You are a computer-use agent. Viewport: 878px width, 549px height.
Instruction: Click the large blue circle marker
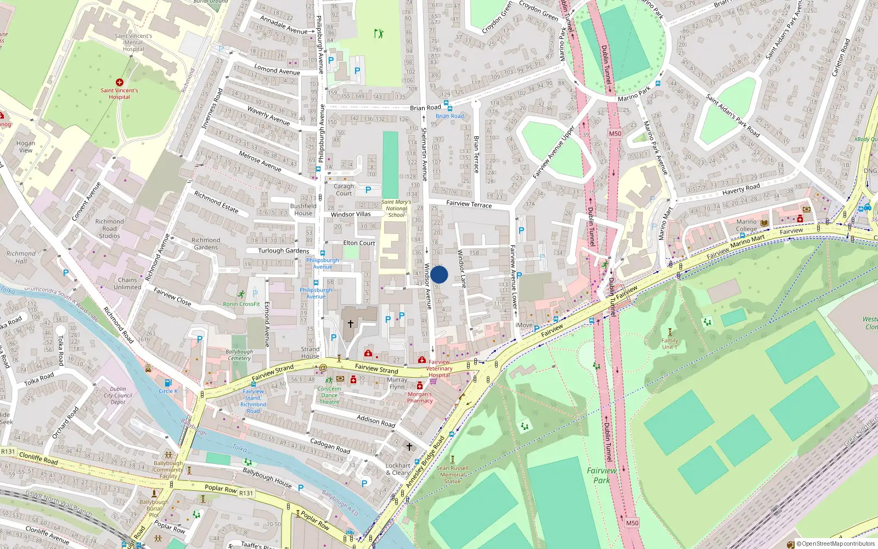[x=439, y=274]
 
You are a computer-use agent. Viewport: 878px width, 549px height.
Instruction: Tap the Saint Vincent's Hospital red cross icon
[x=119, y=82]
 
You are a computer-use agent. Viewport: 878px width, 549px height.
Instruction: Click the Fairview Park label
[x=601, y=475]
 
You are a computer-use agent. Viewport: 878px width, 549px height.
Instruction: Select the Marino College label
[x=746, y=226]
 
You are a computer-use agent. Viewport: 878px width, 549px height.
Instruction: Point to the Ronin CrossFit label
[x=241, y=304]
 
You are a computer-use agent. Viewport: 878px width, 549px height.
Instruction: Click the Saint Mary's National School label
[x=396, y=209]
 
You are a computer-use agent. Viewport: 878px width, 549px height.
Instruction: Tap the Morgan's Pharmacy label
[x=420, y=397]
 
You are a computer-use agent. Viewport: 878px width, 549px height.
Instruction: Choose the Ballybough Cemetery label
[x=239, y=355]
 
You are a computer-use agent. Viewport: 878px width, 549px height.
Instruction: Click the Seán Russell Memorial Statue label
[x=453, y=475]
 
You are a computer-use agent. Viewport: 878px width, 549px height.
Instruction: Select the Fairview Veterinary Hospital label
[x=439, y=368]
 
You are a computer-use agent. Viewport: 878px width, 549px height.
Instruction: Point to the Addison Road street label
[x=376, y=421]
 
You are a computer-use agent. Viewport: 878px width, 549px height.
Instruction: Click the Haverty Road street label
[x=741, y=189]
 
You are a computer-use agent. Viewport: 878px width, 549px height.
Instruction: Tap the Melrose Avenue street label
[x=260, y=161]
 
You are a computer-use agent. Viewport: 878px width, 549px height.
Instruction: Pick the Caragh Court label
[x=344, y=189]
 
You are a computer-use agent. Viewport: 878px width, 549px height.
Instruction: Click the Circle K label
[x=168, y=391]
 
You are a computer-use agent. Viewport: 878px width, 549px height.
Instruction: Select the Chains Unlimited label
[x=127, y=283]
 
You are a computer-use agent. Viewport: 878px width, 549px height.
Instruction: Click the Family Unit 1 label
[x=669, y=344]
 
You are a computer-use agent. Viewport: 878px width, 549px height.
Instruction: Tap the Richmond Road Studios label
[x=110, y=229]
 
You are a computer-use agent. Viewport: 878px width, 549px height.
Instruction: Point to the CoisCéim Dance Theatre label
[x=329, y=395]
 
